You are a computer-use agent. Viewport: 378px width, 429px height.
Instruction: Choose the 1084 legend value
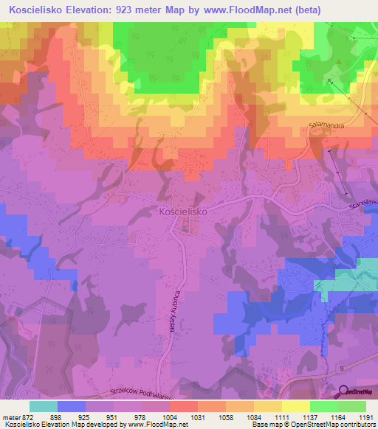click(x=261, y=417)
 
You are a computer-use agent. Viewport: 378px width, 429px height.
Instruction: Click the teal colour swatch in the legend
click(x=44, y=406)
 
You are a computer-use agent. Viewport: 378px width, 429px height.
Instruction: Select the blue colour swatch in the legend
click(x=72, y=406)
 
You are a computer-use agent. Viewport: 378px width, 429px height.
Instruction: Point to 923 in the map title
click(x=125, y=10)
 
